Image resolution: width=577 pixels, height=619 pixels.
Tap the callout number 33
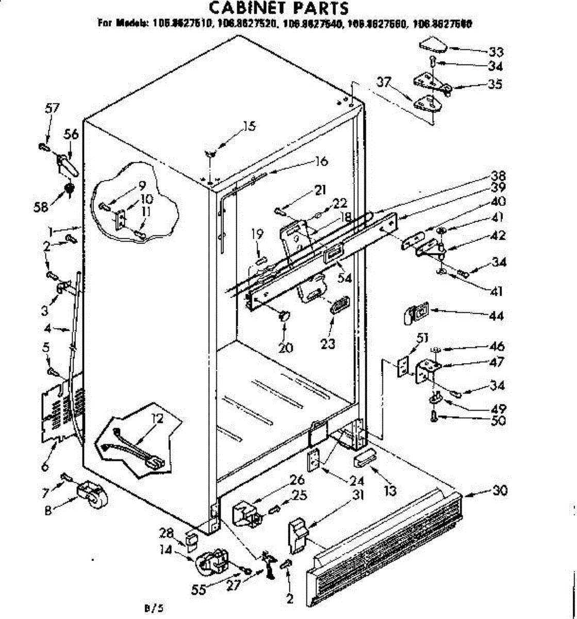click(x=496, y=52)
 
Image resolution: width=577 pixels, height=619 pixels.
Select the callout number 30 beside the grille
click(x=499, y=490)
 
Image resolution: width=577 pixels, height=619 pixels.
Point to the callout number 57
click(x=53, y=108)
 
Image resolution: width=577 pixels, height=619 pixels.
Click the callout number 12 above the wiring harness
click(x=157, y=419)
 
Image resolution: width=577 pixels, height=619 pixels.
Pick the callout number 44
click(x=497, y=315)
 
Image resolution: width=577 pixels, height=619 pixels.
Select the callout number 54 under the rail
click(x=344, y=278)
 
